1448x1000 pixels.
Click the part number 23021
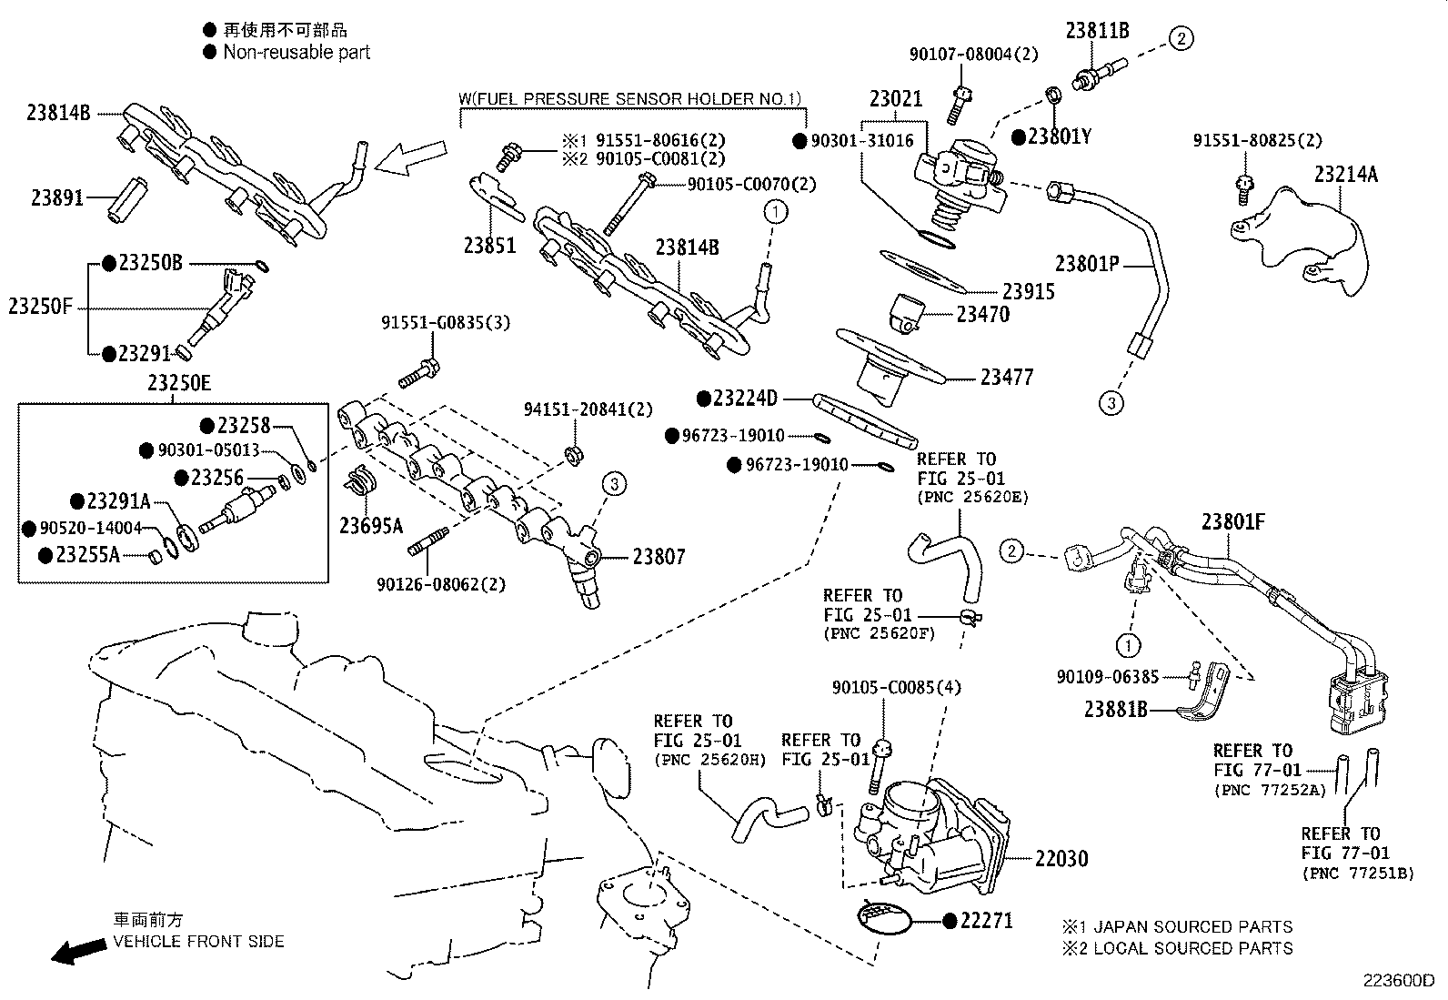pos(895,99)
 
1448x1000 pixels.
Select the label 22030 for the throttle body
pos(1061,858)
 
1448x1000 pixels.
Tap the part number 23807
pos(659,557)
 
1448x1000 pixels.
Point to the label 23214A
pos(1345,174)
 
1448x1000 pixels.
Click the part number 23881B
pos(1115,709)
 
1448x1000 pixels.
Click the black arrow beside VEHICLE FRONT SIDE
pos(78,952)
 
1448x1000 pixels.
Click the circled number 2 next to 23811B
pos(1181,38)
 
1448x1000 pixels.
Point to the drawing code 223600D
pos(1397,981)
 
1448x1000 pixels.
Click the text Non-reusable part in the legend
pos(297,53)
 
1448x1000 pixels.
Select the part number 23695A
pos(371,525)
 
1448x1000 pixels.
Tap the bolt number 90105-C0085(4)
pos(896,688)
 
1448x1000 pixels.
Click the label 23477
pos(1007,377)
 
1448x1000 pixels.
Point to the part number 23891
pos(58,197)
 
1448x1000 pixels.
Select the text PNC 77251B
pos(1358,874)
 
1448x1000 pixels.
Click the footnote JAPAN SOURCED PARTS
pos(1192,927)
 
